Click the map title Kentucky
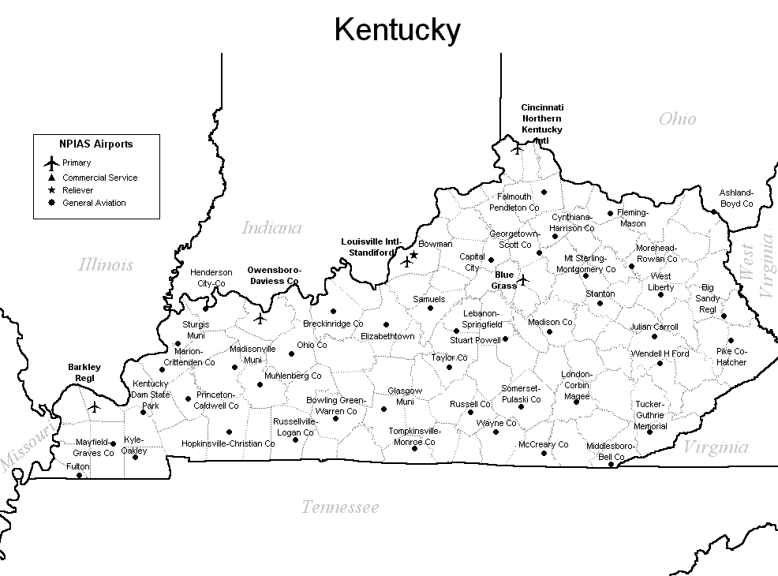point(397,30)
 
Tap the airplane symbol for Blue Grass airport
point(522,279)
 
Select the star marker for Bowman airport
point(413,255)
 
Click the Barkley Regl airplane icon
point(95,407)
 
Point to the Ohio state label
point(677,118)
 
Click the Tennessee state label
point(339,507)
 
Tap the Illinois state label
point(106,265)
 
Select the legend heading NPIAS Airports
point(95,144)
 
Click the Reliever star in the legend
point(51,190)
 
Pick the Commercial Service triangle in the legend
point(51,178)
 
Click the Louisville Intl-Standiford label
point(371,247)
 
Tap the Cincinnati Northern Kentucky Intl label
point(541,124)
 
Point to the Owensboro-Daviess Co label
point(273,275)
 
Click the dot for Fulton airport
point(79,475)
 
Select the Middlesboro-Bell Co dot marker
point(611,464)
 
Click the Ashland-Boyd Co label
point(735,198)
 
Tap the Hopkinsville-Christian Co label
point(228,443)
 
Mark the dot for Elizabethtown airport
point(386,324)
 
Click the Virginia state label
point(715,447)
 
